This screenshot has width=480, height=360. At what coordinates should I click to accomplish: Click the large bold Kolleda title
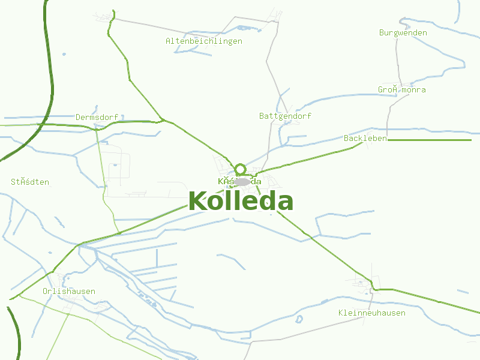241,202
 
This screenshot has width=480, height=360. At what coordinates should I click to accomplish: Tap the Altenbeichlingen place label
204,41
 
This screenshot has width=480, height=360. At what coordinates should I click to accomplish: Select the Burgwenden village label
403,32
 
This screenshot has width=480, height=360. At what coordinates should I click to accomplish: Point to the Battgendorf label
285,116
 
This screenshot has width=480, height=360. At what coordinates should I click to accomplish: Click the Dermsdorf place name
97,117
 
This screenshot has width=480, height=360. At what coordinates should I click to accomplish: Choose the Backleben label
365,139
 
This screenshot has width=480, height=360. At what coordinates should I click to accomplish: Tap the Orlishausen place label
68,291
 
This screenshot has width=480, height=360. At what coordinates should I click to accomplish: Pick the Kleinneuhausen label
371,313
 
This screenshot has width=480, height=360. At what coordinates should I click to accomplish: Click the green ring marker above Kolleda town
240,169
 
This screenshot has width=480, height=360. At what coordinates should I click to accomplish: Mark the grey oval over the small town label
242,181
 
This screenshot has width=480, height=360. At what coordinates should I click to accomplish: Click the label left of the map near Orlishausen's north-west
30,182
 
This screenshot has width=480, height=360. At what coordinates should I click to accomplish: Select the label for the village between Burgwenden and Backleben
402,90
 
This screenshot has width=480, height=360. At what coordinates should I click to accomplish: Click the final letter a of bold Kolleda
285,203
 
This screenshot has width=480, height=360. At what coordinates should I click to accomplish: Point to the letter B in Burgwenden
382,32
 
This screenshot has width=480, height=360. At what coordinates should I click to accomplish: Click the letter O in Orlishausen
45,291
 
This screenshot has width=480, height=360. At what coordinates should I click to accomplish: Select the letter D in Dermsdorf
78,117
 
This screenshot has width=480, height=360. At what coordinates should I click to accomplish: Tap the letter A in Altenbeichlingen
168,41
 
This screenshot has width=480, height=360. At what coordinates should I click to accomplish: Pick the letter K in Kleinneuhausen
340,313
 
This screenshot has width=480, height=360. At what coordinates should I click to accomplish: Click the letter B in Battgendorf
262,116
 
